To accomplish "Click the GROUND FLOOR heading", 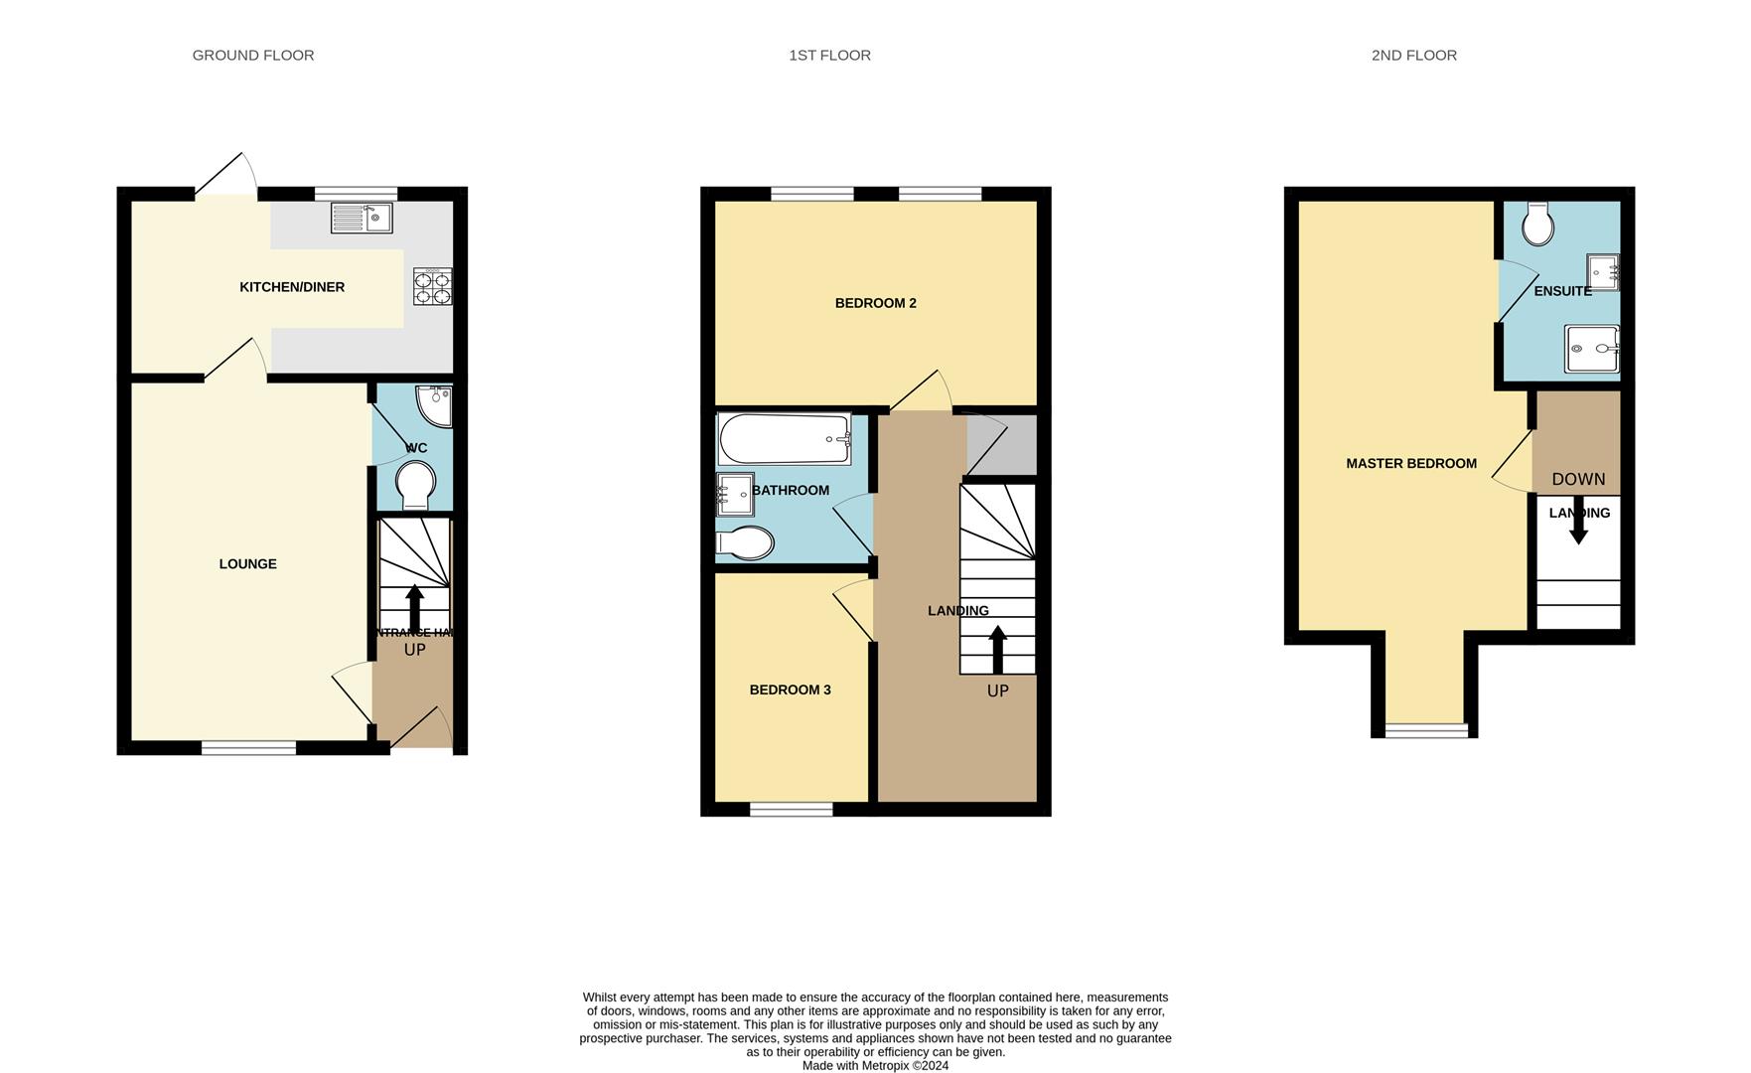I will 253,56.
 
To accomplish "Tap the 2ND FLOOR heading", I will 1413,56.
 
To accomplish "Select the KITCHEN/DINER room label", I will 292,287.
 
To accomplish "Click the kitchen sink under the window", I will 362,218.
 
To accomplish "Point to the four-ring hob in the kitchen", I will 433,286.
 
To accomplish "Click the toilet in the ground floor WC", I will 415,485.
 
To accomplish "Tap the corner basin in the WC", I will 436,403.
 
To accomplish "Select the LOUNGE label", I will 247,564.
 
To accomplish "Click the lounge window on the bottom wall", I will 248,747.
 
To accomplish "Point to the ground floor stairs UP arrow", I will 414,606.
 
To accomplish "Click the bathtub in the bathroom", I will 785,439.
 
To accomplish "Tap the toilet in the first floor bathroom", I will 746,543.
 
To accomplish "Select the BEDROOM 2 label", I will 875,303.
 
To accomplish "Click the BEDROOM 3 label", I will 790,690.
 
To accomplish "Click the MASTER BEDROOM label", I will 1410,463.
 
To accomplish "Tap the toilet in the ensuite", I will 1538,225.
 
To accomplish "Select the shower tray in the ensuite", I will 1591,349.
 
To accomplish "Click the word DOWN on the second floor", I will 1578,479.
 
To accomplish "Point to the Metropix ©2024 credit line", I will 875,1066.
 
